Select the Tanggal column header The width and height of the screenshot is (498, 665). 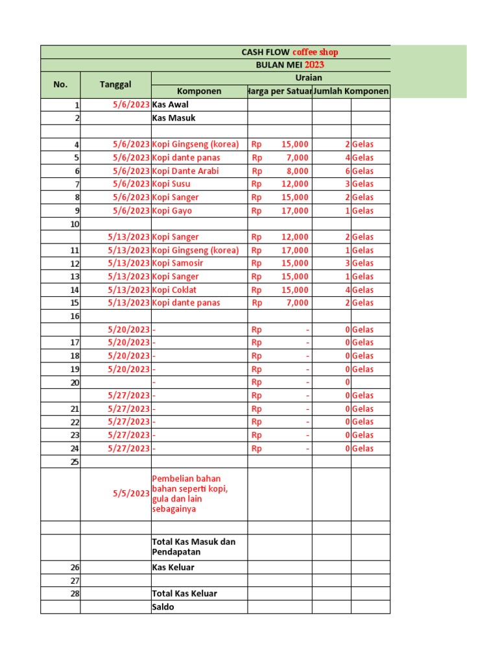pos(115,84)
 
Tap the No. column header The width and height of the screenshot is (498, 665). pos(60,84)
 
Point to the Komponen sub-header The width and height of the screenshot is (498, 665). pos(199,92)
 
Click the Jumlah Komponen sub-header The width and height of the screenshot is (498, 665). pos(351,92)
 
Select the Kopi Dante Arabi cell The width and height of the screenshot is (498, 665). pos(185,171)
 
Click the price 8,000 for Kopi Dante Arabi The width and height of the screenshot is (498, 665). pos(298,171)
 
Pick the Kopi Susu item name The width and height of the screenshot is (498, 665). pos(171,184)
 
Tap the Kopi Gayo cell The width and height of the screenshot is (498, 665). pos(172,210)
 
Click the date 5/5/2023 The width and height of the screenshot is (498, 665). pos(131,494)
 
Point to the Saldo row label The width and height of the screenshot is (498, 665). pos(163,607)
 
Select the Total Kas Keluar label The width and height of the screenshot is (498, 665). pos(184,594)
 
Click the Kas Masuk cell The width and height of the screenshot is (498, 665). pos(173,118)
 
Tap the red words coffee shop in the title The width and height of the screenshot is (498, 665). pos(315,52)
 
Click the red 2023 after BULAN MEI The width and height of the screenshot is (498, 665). pos(314,65)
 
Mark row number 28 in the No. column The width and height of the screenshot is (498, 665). pos(75,594)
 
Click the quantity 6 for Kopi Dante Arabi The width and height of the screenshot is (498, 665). pos(348,171)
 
